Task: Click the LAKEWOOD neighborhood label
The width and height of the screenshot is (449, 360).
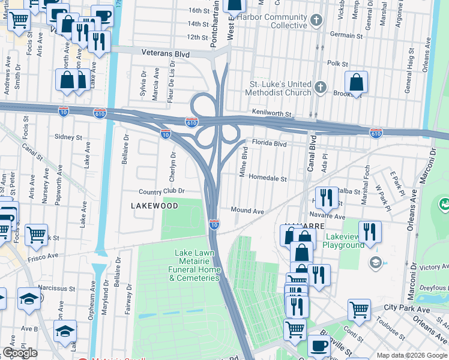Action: [x=154, y=206]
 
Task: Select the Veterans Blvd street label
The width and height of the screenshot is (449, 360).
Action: [x=165, y=54]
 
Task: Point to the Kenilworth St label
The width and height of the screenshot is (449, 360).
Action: [x=271, y=113]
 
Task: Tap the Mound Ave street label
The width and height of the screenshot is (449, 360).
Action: [x=248, y=211]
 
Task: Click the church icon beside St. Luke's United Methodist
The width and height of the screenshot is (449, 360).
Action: [x=321, y=88]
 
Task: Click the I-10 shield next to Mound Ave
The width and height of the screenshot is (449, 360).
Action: [x=214, y=224]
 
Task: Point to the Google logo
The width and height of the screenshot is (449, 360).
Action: [x=20, y=353]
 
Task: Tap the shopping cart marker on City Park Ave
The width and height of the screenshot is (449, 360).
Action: [x=359, y=310]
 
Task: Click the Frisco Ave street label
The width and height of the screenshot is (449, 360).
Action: [x=43, y=256]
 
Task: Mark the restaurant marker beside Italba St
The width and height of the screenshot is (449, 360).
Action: [x=326, y=197]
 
